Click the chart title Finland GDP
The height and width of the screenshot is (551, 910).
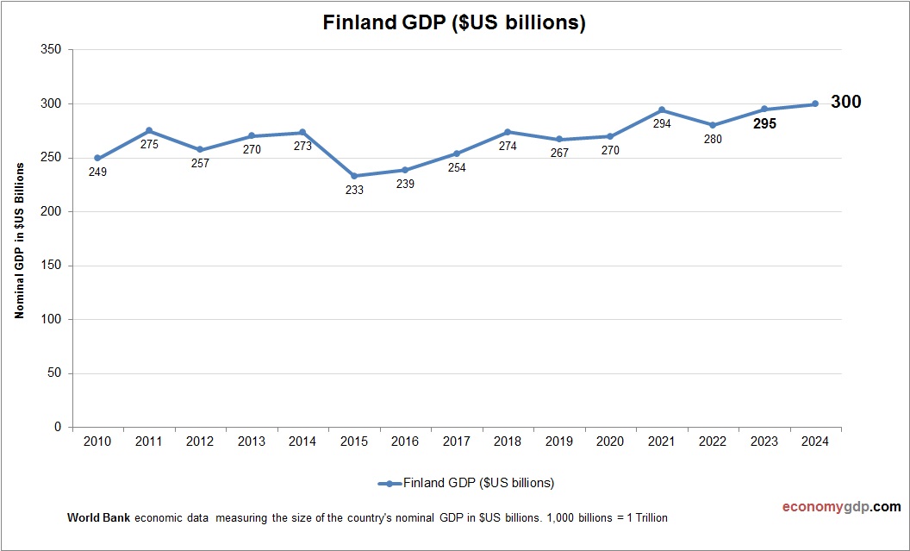[x=454, y=23]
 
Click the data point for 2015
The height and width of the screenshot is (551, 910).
[x=354, y=176]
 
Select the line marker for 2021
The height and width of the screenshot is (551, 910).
[x=662, y=110]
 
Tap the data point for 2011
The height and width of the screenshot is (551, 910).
[x=149, y=130]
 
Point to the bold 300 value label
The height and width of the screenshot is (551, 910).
[x=845, y=102]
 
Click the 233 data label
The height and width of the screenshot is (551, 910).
[x=354, y=190]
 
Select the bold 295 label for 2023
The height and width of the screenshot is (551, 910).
[x=764, y=123]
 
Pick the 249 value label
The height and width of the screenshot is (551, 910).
[x=98, y=172]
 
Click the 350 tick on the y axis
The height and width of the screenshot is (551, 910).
[x=51, y=50]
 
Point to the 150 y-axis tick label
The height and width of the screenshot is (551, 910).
[x=51, y=266]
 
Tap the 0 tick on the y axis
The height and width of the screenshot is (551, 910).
[x=58, y=427]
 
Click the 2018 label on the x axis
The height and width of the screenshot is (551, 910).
[x=508, y=441]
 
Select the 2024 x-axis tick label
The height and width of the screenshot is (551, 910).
[x=815, y=441]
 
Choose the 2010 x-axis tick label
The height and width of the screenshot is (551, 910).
[x=97, y=441]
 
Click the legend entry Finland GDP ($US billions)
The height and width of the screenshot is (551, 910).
[x=477, y=483]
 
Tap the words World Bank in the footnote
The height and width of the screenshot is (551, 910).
[x=97, y=518]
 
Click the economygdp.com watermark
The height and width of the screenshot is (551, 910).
[x=829, y=507]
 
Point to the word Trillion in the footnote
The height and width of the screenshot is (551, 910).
[x=647, y=518]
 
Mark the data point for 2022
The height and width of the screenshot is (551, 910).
[x=713, y=125]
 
